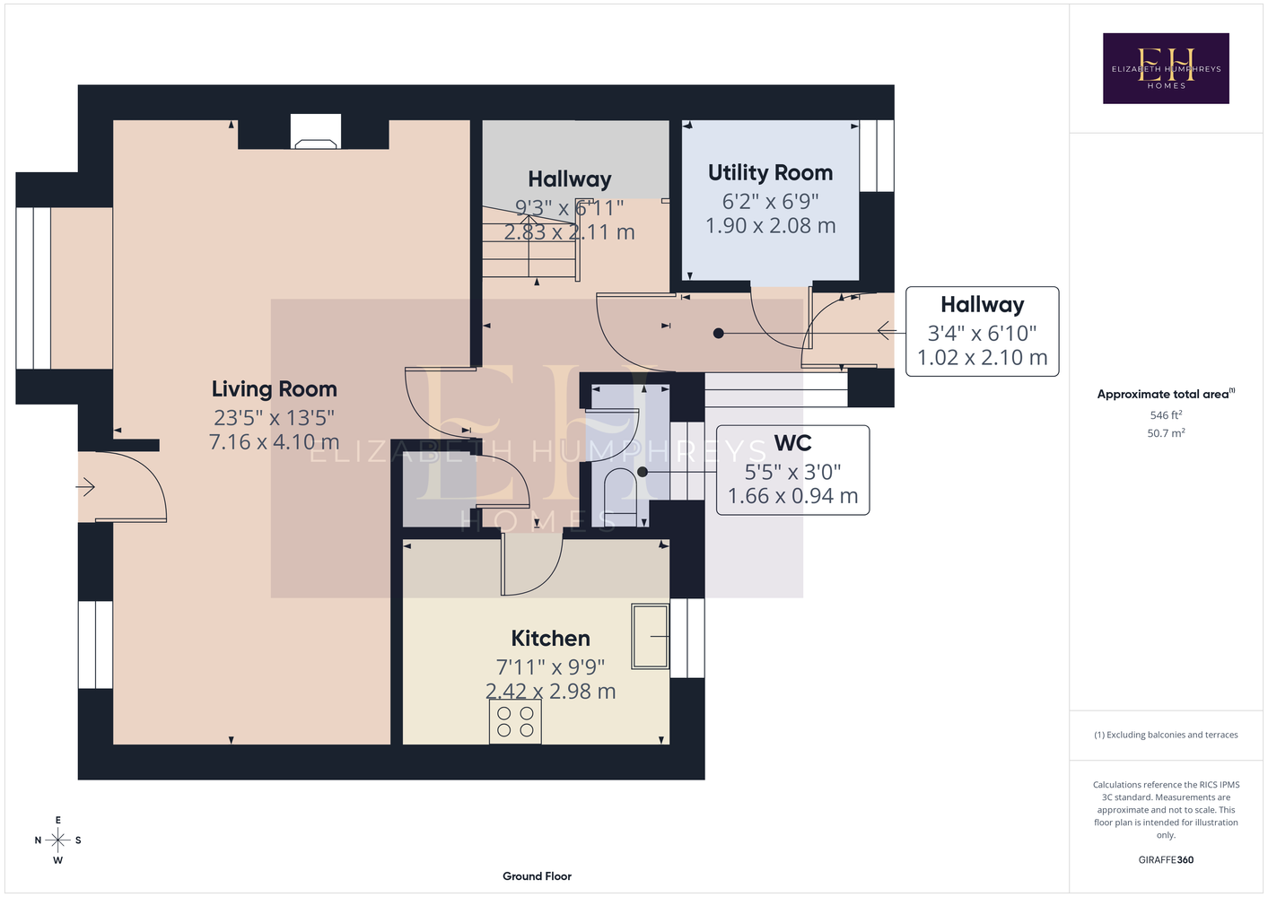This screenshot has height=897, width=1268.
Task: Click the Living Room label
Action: pyautogui.click(x=275, y=389)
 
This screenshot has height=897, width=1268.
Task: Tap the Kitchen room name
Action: pyautogui.click(x=550, y=639)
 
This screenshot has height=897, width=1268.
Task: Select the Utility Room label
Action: pyautogui.click(x=771, y=173)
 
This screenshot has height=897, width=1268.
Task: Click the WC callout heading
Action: pyautogui.click(x=792, y=442)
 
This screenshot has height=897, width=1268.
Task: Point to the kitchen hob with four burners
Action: pyautogui.click(x=515, y=721)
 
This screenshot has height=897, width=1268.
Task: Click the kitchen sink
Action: pyautogui.click(x=651, y=636)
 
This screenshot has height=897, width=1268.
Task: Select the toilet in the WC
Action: pyautogui.click(x=621, y=492)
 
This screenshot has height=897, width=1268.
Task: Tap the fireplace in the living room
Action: pyautogui.click(x=316, y=132)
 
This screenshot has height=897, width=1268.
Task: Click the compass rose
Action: pyautogui.click(x=57, y=840)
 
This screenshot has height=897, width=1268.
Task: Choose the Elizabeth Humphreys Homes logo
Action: pyautogui.click(x=1166, y=68)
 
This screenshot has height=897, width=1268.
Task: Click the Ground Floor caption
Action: pyautogui.click(x=537, y=876)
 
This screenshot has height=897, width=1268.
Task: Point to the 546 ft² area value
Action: pyautogui.click(x=1166, y=414)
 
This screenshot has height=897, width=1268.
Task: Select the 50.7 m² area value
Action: pyautogui.click(x=1166, y=433)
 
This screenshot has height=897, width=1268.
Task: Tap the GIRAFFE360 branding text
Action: pyautogui.click(x=1166, y=859)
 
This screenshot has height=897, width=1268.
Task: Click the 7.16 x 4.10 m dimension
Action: pyautogui.click(x=275, y=442)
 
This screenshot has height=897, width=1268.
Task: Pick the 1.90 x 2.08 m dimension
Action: pyautogui.click(x=771, y=226)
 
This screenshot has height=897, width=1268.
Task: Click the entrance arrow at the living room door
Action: pyautogui.click(x=85, y=487)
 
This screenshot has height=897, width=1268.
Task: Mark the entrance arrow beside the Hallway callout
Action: pyautogui.click(x=887, y=330)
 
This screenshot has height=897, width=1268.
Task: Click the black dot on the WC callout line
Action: pyautogui.click(x=642, y=472)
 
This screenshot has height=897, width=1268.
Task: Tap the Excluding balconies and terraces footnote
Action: pyautogui.click(x=1166, y=735)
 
